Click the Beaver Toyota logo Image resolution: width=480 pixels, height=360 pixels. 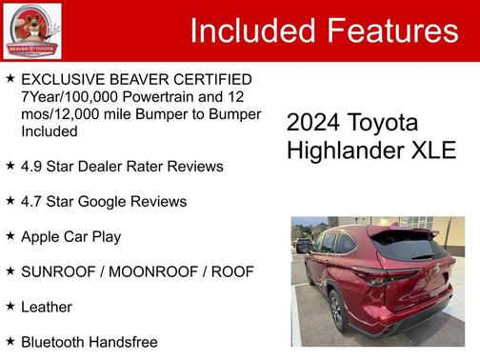[x=31, y=30]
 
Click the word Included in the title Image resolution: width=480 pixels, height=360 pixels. [x=251, y=30]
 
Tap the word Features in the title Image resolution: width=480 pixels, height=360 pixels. [x=390, y=30]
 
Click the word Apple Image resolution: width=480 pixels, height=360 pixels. [x=42, y=236]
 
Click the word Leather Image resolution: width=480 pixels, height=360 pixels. [x=47, y=307]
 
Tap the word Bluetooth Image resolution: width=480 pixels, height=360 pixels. [x=54, y=342]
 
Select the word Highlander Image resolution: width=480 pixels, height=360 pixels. [x=345, y=150]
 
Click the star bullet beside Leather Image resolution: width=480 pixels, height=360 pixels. [x=10, y=307]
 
